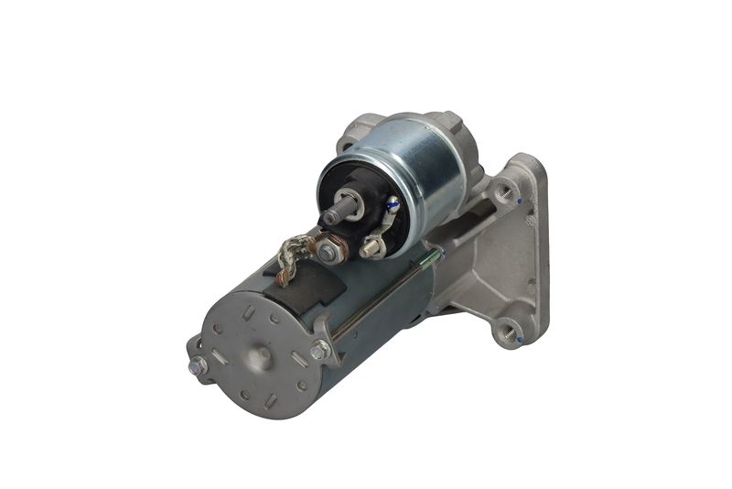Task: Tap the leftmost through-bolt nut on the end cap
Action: pos(197,366)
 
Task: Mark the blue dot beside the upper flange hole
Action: pos(519,201)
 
